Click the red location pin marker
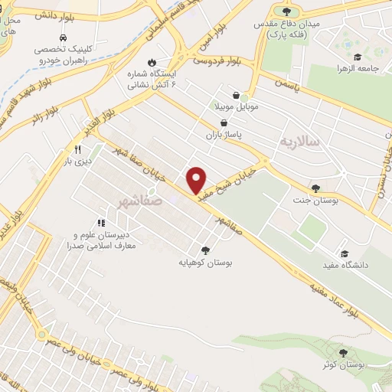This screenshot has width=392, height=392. click(197, 179)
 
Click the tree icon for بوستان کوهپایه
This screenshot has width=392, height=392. click(205, 250)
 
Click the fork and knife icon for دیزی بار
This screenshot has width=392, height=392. click(77, 149)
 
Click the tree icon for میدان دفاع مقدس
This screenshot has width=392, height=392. click(286, 11)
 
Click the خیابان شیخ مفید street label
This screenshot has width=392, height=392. click(227, 183)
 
